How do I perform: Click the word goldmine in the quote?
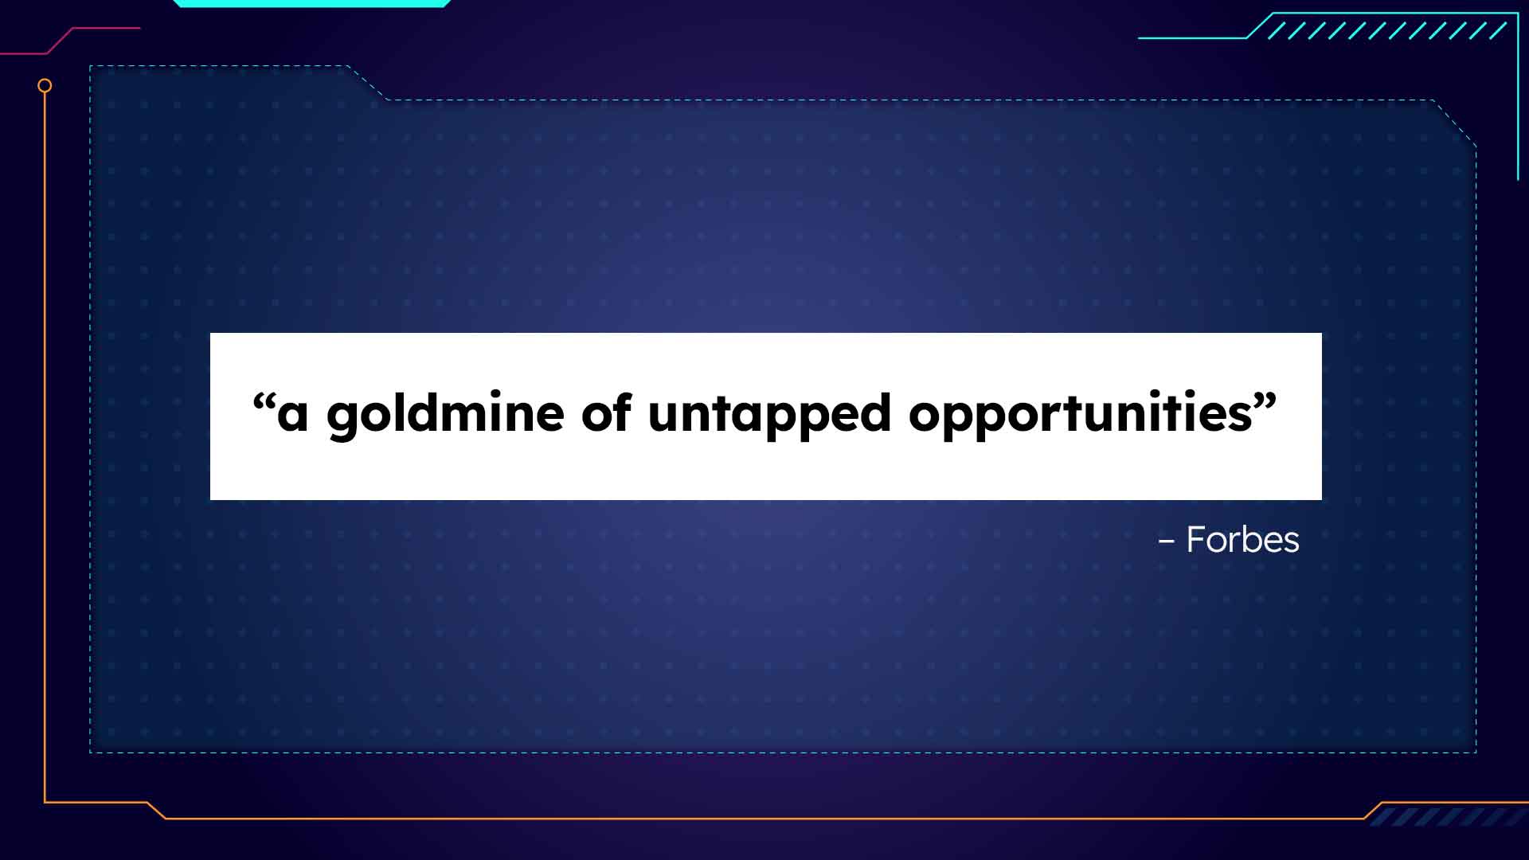445,414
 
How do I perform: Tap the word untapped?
769,415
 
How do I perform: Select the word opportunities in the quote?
1081,414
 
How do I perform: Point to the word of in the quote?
607,412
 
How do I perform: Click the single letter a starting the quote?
292,416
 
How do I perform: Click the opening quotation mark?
264,401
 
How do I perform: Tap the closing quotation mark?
1265,401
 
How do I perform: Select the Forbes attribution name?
1242,540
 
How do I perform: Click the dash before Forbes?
1166,541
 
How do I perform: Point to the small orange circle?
45,85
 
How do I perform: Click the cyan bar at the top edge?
311,3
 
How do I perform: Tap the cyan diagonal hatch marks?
1386,30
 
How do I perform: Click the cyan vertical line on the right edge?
1518,96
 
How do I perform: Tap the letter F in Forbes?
1196,540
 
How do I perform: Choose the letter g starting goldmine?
344,420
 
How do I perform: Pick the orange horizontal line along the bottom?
764,818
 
